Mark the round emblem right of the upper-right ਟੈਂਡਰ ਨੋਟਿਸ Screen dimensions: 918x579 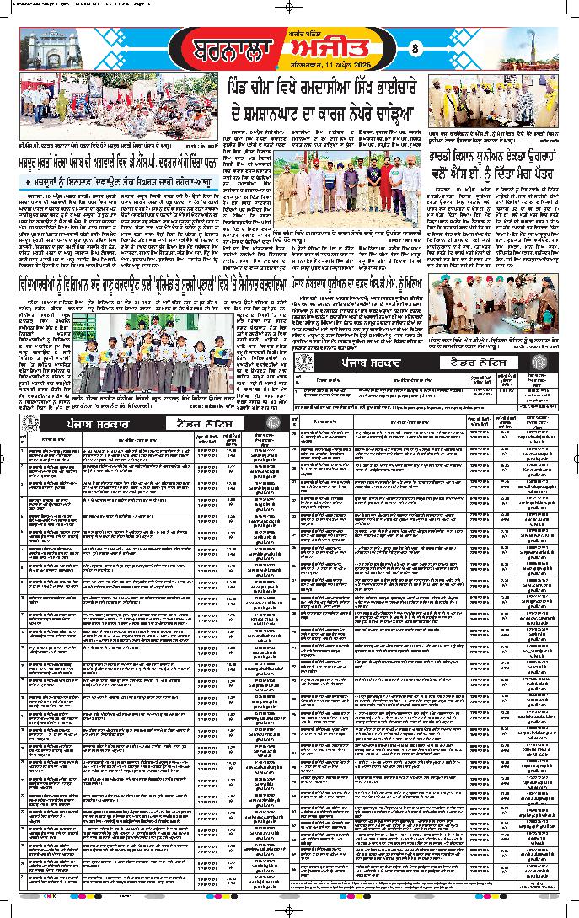(x=538, y=362)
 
